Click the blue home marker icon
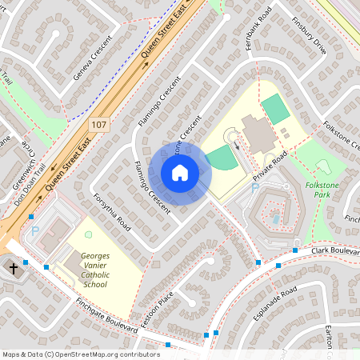179,172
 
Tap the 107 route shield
98,125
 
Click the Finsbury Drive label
309,35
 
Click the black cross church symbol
12,267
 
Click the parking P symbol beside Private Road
255,188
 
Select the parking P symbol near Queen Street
34,230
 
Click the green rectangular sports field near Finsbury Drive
276,109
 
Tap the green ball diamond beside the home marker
222,158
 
